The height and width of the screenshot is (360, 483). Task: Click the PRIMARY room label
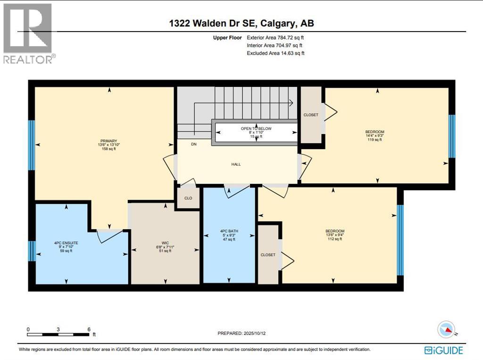[108, 140]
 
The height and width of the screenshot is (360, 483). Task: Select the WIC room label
[165, 243]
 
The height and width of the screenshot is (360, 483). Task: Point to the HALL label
[236, 164]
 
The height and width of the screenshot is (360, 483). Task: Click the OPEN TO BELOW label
[256, 128]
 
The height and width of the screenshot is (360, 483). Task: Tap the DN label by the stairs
[194, 144]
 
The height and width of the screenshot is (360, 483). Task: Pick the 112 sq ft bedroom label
[334, 231]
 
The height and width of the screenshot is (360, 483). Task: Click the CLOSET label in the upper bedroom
[311, 115]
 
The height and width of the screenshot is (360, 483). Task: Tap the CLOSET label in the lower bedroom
[268, 255]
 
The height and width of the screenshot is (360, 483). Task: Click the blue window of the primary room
[31, 145]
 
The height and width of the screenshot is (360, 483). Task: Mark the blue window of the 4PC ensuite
[31, 251]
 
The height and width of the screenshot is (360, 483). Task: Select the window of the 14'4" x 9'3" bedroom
[451, 136]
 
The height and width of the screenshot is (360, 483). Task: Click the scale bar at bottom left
[58, 335]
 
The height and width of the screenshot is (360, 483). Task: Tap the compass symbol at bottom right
[446, 329]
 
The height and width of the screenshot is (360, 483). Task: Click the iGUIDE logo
[443, 350]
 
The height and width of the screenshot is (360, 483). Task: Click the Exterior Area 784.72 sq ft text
[279, 37]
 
